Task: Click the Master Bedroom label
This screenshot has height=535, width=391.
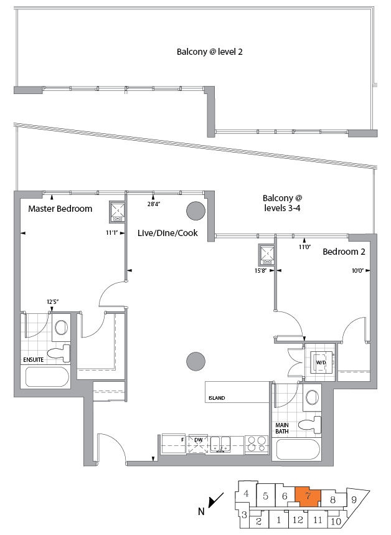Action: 60,209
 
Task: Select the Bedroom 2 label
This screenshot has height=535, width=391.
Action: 343,252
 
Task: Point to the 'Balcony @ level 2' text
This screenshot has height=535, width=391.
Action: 210,52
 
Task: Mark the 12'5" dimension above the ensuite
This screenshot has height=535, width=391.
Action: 52,302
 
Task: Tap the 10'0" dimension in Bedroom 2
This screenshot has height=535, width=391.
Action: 356,270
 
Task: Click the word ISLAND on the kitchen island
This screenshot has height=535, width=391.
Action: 217,398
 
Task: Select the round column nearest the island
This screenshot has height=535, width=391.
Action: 195,361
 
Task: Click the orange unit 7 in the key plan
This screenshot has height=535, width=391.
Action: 307,496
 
